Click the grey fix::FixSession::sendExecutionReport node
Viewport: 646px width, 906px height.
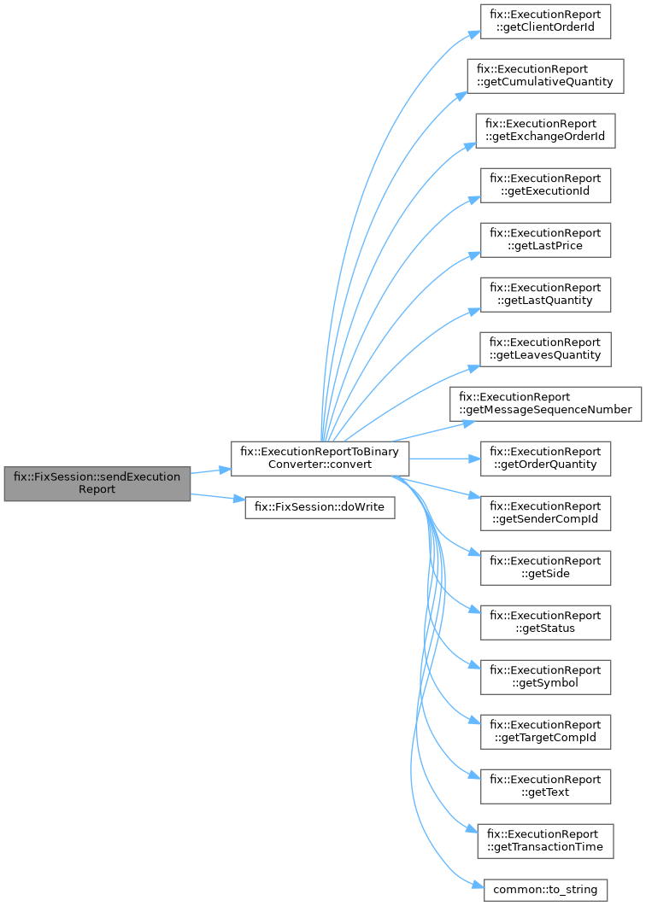[97, 483]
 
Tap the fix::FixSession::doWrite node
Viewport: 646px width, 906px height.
[320, 506]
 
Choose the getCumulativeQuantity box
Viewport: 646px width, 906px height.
[545, 76]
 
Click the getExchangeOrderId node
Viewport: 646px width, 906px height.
[545, 131]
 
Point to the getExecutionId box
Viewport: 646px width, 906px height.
[545, 185]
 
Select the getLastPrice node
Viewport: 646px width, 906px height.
[545, 240]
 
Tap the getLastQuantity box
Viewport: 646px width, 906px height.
[545, 295]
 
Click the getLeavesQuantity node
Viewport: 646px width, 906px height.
[545, 349]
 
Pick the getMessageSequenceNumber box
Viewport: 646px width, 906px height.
[546, 404]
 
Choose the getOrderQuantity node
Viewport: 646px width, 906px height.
[545, 459]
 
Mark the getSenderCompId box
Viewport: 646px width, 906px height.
[545, 513]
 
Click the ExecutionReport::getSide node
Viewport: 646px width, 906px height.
[545, 568]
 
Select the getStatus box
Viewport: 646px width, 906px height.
[545, 623]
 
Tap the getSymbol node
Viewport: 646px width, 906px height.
[545, 677]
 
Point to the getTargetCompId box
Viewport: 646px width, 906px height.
[545, 732]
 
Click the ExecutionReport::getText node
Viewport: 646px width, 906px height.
[545, 786]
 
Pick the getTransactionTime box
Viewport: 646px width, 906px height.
[545, 841]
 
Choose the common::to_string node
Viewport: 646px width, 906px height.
[545, 890]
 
